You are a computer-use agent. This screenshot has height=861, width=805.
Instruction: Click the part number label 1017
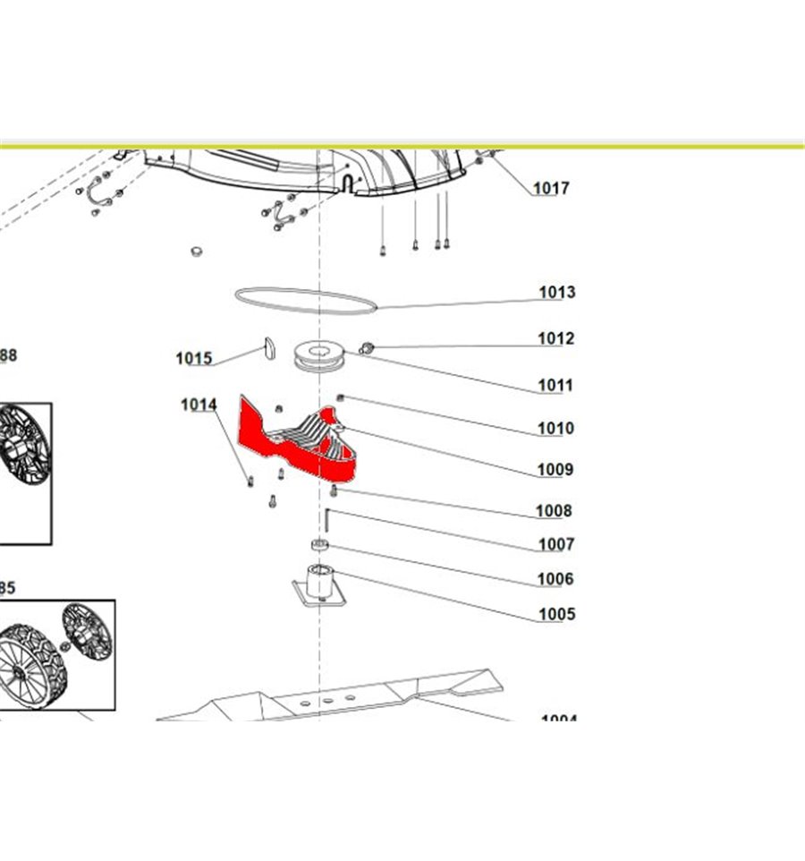click(x=551, y=189)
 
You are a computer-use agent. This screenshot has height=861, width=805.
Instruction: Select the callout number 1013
click(x=556, y=293)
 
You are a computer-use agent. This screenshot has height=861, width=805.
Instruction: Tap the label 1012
click(x=555, y=339)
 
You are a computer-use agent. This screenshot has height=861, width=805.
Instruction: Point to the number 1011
click(x=555, y=387)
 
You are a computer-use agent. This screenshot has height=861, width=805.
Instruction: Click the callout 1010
click(x=555, y=429)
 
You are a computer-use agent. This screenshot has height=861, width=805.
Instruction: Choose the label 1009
click(x=555, y=470)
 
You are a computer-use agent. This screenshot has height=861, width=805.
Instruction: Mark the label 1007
click(x=555, y=544)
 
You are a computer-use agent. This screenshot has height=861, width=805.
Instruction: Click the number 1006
click(x=555, y=579)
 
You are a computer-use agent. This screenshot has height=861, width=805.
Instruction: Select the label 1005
click(x=555, y=615)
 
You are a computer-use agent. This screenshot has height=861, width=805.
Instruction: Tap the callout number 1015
click(x=193, y=359)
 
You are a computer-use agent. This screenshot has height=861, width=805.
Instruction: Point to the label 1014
click(x=199, y=405)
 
